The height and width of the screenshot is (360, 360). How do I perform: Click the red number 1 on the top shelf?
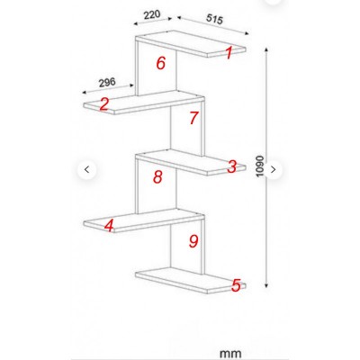229,53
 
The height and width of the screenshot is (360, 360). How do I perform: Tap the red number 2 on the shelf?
103,104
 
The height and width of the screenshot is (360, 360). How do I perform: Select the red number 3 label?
232,166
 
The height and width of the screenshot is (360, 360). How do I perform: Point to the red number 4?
109,226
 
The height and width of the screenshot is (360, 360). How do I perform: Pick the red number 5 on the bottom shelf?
236,285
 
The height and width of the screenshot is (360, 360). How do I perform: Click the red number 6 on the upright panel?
161,63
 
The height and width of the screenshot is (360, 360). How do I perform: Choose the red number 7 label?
193,118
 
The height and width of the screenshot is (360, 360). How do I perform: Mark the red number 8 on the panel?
157,176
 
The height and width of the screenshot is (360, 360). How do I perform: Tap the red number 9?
193,241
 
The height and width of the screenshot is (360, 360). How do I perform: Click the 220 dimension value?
152,14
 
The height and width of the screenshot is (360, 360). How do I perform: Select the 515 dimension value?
214,19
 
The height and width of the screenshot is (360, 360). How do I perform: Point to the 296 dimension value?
107,82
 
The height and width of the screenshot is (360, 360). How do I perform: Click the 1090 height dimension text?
259,166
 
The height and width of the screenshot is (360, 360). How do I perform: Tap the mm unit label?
230,354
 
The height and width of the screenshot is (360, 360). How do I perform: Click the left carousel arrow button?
87,170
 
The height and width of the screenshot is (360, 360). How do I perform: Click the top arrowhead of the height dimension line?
266,49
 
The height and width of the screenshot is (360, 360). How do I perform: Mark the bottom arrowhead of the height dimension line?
266,284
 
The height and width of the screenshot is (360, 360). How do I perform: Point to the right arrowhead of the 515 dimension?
247,33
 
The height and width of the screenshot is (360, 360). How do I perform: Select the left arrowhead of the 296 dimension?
85,92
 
